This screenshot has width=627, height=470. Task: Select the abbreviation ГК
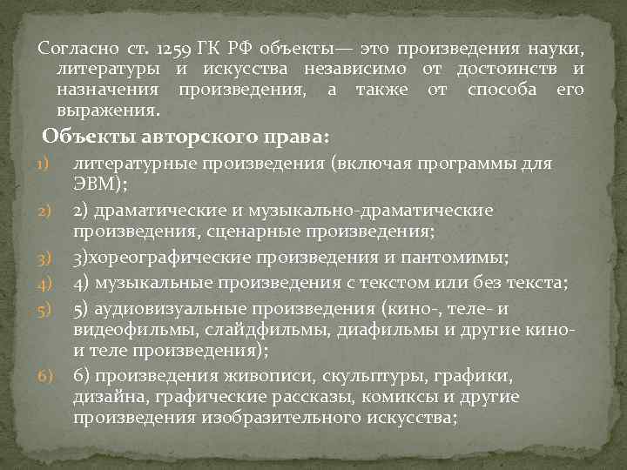pyautogui.click(x=218, y=47)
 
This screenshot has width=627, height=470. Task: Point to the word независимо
pyautogui.click(x=358, y=69)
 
